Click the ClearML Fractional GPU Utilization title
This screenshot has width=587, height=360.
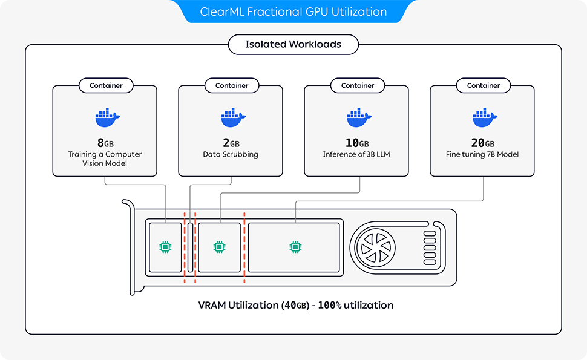pos(293,11)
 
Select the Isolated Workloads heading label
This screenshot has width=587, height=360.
pos(293,44)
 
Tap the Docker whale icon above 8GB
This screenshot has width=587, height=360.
pos(107,118)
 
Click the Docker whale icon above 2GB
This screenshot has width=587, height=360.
pos(232,118)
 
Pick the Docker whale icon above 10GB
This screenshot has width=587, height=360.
pos(358,118)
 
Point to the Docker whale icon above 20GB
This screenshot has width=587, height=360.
pos(484,118)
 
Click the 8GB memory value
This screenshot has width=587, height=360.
pos(105,143)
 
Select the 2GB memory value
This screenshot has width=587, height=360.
pos(231,143)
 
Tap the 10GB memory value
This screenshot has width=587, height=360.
pos(356,143)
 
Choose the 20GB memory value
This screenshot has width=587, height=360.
pos(482,143)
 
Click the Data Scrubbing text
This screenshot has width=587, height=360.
pos(231,155)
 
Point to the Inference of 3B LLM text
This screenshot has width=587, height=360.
pos(356,155)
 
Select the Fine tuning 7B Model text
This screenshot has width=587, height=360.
pos(482,155)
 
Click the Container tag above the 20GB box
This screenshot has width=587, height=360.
pos(484,86)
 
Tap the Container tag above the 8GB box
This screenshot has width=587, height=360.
pos(106,86)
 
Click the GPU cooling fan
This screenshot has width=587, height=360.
pos(376,247)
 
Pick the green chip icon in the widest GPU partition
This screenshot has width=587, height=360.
pos(295,247)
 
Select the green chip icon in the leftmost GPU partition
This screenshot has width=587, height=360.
pos(165,247)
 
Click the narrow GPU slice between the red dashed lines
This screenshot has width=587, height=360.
pos(190,247)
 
